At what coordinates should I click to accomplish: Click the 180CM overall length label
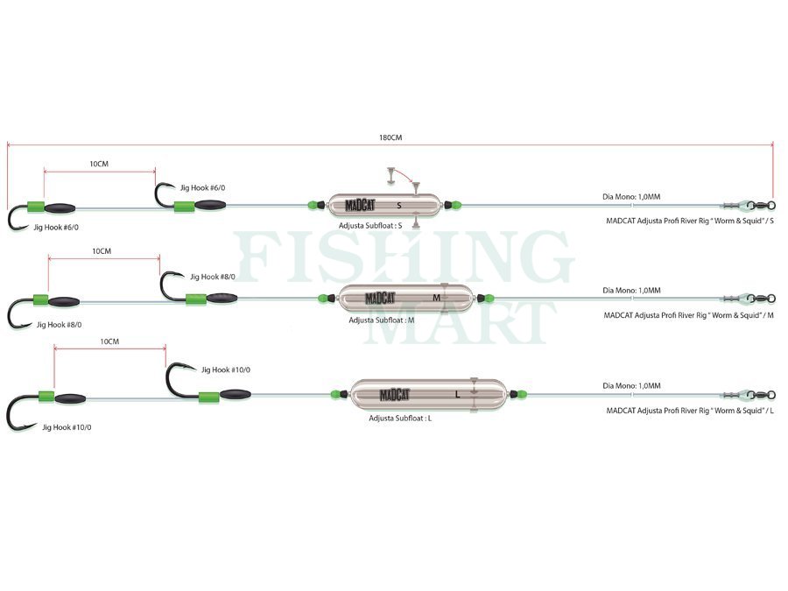point(390,137)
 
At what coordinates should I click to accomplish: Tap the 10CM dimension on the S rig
point(99,164)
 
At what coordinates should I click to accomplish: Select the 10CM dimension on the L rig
point(109,341)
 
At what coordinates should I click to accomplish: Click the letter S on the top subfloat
point(399,206)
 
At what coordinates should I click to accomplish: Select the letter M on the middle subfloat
point(436,298)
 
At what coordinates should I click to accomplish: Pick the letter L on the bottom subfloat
point(457,395)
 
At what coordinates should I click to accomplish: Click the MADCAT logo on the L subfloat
point(395,395)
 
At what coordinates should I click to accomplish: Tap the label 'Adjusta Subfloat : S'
point(370,226)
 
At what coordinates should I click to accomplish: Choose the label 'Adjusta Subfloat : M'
point(382,320)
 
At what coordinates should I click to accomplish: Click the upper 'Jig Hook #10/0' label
point(226,369)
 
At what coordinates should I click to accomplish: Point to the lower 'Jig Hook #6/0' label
point(56,227)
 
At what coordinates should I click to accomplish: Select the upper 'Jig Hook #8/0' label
point(213,277)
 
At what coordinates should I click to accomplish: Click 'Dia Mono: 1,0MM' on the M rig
point(631,291)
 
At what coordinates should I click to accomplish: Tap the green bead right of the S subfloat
point(455,205)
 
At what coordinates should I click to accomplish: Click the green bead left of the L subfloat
point(335,395)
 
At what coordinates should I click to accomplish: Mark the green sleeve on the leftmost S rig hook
point(36,207)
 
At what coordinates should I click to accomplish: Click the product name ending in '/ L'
point(690,411)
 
